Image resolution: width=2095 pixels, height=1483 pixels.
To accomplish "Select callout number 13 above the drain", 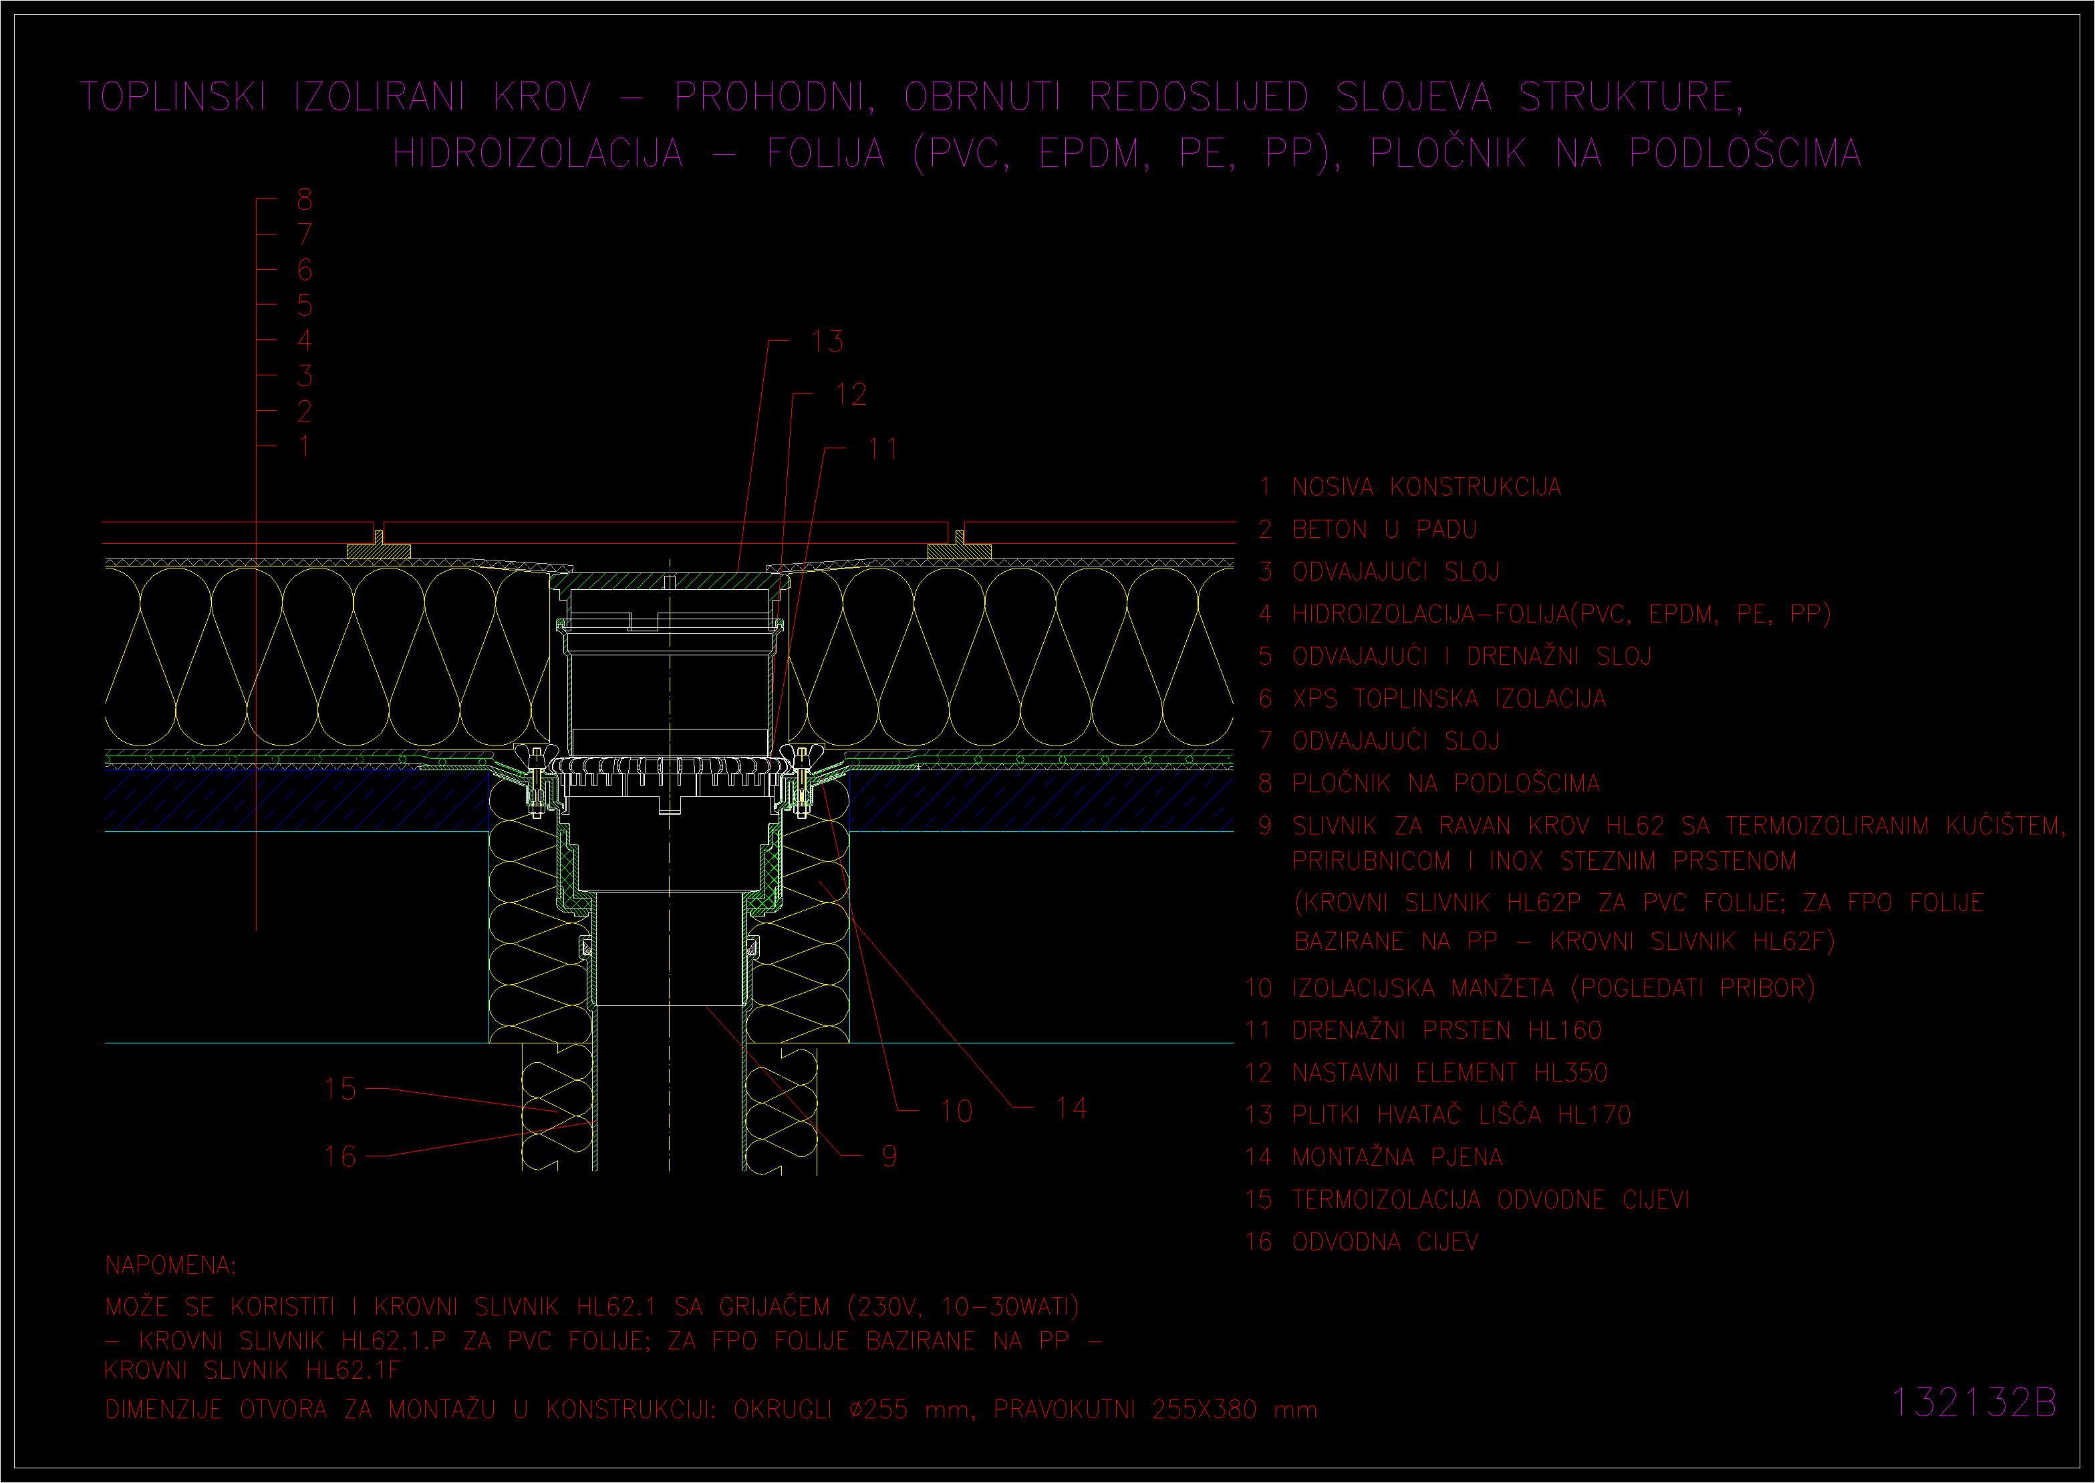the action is (827, 341).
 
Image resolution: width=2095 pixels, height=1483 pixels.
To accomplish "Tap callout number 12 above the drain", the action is (851, 395).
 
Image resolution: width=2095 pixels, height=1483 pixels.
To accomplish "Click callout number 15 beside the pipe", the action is (339, 1088).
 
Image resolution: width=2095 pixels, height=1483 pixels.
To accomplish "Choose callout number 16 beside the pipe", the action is (339, 1157).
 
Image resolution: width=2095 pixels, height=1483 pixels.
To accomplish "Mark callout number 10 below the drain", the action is (956, 1112).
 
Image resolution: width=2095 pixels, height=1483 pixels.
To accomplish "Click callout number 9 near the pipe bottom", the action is (889, 1157).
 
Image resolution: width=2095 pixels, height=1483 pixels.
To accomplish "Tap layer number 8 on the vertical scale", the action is (305, 199).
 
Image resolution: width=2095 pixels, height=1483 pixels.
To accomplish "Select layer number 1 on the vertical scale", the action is (304, 446).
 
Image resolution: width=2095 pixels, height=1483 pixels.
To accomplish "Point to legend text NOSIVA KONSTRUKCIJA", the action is (1427, 487).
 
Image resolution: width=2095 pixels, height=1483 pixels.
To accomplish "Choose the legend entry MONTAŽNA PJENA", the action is (1397, 1157).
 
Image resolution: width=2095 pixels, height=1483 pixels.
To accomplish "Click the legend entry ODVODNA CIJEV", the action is (1385, 1242).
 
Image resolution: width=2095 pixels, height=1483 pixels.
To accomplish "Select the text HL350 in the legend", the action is (1571, 1072).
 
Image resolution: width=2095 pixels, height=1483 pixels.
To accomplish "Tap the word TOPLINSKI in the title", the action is (174, 97).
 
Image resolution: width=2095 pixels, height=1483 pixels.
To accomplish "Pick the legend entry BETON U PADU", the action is (1385, 530).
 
